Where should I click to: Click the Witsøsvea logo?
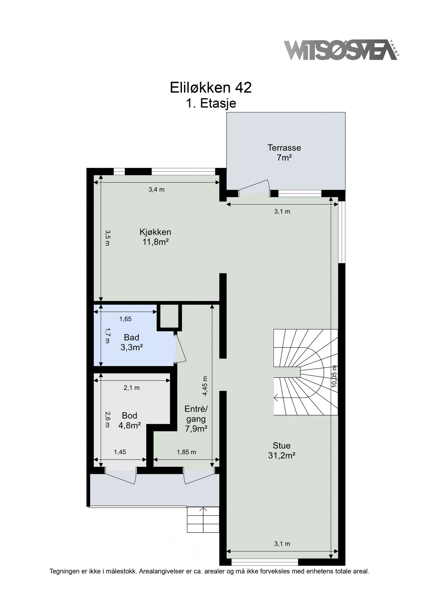point(341,50)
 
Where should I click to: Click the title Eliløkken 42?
point(211,88)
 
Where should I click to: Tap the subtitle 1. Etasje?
point(211,103)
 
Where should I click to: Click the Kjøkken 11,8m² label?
point(155,237)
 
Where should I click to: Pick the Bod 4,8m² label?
point(129,420)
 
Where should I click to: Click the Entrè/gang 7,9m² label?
point(196,419)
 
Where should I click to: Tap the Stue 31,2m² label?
point(281,451)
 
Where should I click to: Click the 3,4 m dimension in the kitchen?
point(156,190)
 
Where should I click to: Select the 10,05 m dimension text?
point(334,376)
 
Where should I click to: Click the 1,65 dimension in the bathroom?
point(125,319)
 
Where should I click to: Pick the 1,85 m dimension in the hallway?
point(187,452)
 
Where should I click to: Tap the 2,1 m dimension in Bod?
point(132,388)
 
